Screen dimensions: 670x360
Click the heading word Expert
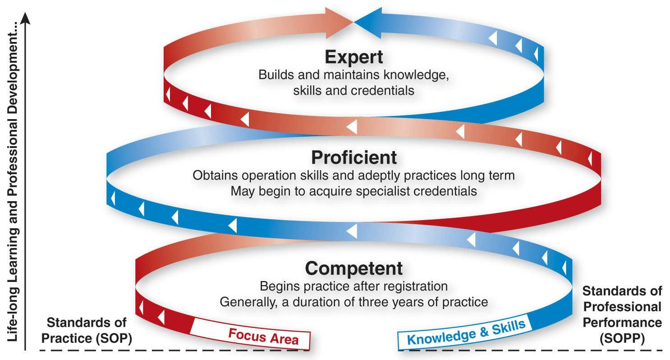354,57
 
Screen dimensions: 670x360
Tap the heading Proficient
354,157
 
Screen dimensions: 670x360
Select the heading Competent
354,268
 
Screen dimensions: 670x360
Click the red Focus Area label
263,336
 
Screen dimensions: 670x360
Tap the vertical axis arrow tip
26,16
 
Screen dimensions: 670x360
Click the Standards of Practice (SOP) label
89,330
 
